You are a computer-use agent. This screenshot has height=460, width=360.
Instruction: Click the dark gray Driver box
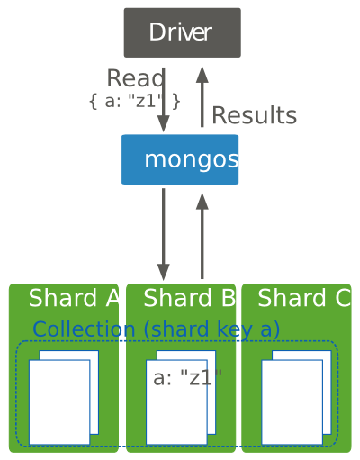[183, 32]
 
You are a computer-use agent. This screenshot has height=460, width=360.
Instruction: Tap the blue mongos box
[180, 159]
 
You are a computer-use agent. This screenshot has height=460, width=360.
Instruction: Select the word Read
[136, 78]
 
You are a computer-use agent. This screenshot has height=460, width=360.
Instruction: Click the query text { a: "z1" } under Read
[135, 101]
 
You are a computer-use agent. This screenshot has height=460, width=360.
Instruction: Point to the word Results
[255, 115]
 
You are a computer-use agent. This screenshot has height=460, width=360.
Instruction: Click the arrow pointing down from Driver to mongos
[164, 100]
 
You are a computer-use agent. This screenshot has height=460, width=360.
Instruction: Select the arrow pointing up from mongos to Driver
[202, 96]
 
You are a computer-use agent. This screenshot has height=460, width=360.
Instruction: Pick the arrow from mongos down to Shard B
[164, 235]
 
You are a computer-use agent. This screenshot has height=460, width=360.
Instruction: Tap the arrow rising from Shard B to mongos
[202, 236]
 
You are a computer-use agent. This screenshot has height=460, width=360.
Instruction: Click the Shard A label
[74, 298]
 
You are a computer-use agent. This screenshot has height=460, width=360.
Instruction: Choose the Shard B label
[190, 298]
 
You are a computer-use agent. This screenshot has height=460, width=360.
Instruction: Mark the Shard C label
[304, 298]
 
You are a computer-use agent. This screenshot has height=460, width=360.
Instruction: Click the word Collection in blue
[84, 329]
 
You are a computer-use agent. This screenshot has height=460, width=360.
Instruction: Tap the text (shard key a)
[211, 329]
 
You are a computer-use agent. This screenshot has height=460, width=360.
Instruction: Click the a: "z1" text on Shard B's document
[187, 378]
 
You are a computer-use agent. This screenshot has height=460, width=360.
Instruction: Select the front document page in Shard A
[59, 402]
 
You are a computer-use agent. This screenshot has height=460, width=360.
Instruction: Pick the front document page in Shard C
[292, 402]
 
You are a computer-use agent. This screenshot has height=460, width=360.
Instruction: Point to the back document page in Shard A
[94, 392]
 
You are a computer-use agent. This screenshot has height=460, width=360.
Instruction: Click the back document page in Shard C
[327, 392]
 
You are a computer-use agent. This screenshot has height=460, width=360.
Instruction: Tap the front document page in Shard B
[176, 414]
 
